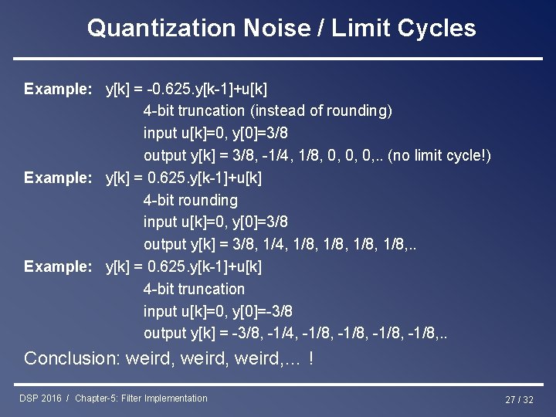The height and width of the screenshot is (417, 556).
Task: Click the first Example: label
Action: [59, 89]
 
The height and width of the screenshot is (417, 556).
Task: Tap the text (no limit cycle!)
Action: [439, 156]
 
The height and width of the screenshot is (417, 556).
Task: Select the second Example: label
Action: [59, 178]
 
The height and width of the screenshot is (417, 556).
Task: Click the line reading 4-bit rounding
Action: [191, 201]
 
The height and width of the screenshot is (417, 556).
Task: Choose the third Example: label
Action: [59, 267]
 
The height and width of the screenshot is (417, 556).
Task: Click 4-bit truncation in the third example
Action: [194, 290]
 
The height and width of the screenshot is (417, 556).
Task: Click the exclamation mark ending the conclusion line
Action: [310, 358]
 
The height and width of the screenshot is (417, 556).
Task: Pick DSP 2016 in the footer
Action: [40, 398]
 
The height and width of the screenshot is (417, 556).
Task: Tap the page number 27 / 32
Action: [519, 399]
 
